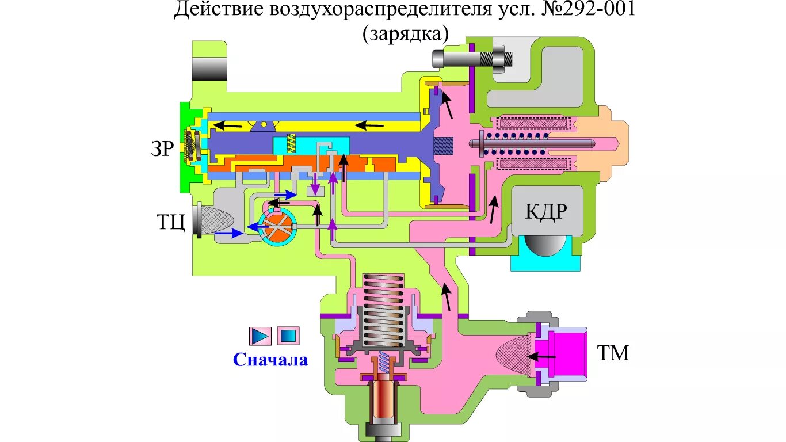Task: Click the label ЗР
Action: pyautogui.click(x=162, y=148)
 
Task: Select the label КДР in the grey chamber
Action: pyautogui.click(x=545, y=211)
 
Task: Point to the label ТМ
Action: pyautogui.click(x=612, y=353)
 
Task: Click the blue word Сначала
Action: pyautogui.click(x=270, y=360)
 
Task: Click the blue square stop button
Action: pyautogui.click(x=288, y=335)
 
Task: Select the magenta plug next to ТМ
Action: pyautogui.click(x=566, y=356)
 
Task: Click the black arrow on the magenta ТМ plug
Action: pyautogui.click(x=542, y=357)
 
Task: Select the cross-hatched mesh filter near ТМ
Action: pyautogui.click(x=514, y=355)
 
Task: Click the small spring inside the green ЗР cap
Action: pyautogui.click(x=191, y=146)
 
